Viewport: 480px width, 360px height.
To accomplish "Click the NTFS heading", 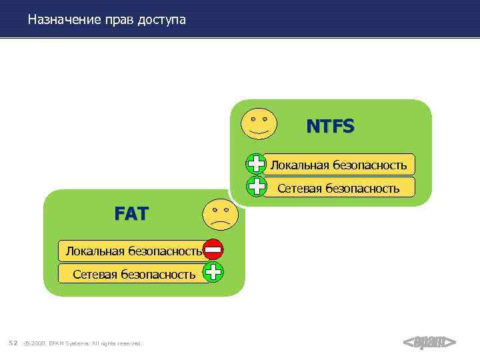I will point(330,126).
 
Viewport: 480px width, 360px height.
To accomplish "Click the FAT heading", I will point(131,214).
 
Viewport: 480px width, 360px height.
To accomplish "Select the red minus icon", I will point(213,250).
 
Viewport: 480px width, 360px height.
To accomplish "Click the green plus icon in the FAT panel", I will point(213,272).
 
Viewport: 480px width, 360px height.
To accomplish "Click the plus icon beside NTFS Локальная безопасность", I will point(257,164).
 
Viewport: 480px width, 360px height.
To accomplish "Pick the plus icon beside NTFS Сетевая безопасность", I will point(257,186).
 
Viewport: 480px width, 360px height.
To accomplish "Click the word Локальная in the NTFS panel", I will point(299,165).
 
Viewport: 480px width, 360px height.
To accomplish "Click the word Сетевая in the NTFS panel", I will point(300,188).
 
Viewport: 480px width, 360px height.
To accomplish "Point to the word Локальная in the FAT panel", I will point(94,251).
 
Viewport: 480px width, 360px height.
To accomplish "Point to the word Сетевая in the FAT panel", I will point(95,274).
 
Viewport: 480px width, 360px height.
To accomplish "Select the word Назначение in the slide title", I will point(65,20).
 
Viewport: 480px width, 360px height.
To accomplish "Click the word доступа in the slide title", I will point(161,20).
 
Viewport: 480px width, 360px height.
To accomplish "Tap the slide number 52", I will point(13,343).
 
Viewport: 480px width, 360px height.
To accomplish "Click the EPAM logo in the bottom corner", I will point(429,342).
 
